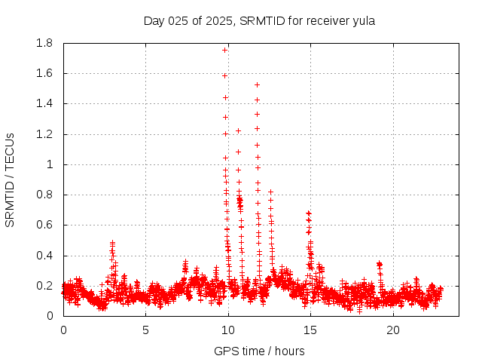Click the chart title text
click(x=259, y=21)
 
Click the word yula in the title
click(x=363, y=21)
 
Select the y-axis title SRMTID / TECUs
click(x=11, y=179)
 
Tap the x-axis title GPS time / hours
click(x=259, y=351)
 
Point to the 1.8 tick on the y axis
click(x=44, y=43)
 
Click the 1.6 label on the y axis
click(x=44, y=73)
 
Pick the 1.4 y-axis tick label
click(x=44, y=103)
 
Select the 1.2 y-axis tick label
click(x=44, y=134)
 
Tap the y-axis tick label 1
click(x=50, y=164)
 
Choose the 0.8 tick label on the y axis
click(x=44, y=195)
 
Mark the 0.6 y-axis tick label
click(x=44, y=225)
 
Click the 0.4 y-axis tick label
click(x=44, y=256)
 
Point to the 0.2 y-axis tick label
click(x=44, y=286)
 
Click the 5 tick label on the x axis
click(x=145, y=330)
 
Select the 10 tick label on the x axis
click(x=228, y=330)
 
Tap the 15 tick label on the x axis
click(x=310, y=330)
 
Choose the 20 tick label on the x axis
click(x=393, y=330)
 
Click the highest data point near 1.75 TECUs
click(x=224, y=50)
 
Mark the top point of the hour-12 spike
click(x=257, y=84)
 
